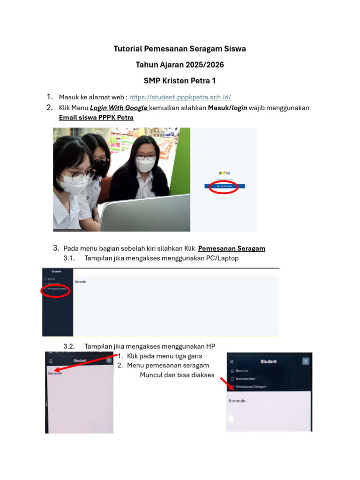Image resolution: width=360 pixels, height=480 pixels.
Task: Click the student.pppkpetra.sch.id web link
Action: (180, 97)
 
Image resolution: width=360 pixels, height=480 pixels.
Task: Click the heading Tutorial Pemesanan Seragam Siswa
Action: (180, 49)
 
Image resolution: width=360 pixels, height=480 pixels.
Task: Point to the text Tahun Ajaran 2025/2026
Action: (180, 65)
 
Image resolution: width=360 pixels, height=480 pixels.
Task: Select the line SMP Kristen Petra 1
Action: (180, 81)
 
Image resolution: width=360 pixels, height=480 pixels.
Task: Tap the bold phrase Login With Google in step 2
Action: (119, 108)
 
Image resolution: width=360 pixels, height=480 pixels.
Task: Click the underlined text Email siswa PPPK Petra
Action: (96, 117)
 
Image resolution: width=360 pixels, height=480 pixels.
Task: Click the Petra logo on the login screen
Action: (224, 173)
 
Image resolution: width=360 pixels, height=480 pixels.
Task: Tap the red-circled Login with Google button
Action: (224, 186)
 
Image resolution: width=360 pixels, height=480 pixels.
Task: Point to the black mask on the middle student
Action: (100, 163)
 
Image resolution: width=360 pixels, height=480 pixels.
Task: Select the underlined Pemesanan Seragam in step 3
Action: (232, 248)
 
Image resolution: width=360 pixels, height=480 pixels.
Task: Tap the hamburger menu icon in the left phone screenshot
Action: (51, 361)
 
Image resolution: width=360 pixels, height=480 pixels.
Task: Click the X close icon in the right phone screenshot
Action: (232, 362)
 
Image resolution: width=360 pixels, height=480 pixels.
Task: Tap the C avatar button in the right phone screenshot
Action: (306, 361)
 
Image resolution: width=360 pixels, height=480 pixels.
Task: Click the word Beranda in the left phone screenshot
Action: (55, 373)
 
